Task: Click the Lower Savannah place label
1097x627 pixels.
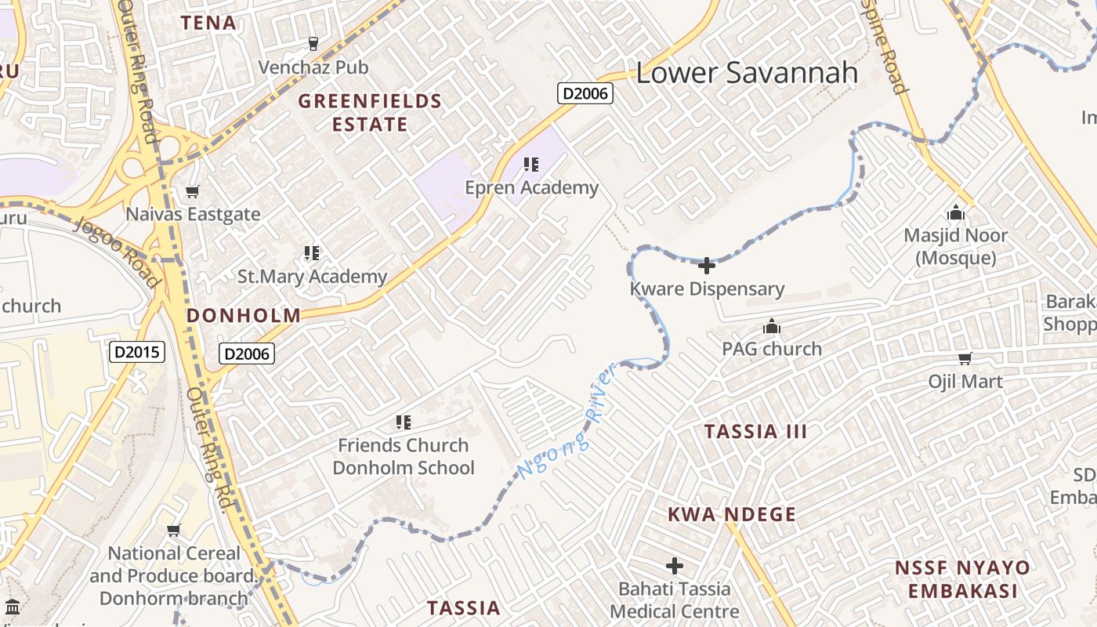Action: coord(746,73)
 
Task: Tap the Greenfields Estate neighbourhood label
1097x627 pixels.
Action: coord(370,113)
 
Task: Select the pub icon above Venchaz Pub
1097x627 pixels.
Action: coord(313,44)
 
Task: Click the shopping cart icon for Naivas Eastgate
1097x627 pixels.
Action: coord(192,191)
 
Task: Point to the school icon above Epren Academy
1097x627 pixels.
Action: coord(531,165)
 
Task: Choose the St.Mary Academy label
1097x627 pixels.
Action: coord(312,277)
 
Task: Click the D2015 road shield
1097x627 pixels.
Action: coord(136,352)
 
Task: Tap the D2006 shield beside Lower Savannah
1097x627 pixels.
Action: coord(585,94)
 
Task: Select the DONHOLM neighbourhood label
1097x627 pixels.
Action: coord(243,316)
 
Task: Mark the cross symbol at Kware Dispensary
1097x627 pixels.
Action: coord(707,266)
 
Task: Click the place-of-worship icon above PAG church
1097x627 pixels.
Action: coord(772,326)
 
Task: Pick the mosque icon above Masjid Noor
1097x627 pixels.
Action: coord(955,212)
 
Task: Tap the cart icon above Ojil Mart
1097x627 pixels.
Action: coord(965,359)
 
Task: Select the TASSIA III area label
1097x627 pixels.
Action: coord(755,432)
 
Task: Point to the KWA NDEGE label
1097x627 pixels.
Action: coord(732,515)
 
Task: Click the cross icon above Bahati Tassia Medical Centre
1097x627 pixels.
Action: coord(674,565)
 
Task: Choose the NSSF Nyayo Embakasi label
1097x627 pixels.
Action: coord(962,579)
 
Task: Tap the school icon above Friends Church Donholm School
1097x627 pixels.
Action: coord(404,423)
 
